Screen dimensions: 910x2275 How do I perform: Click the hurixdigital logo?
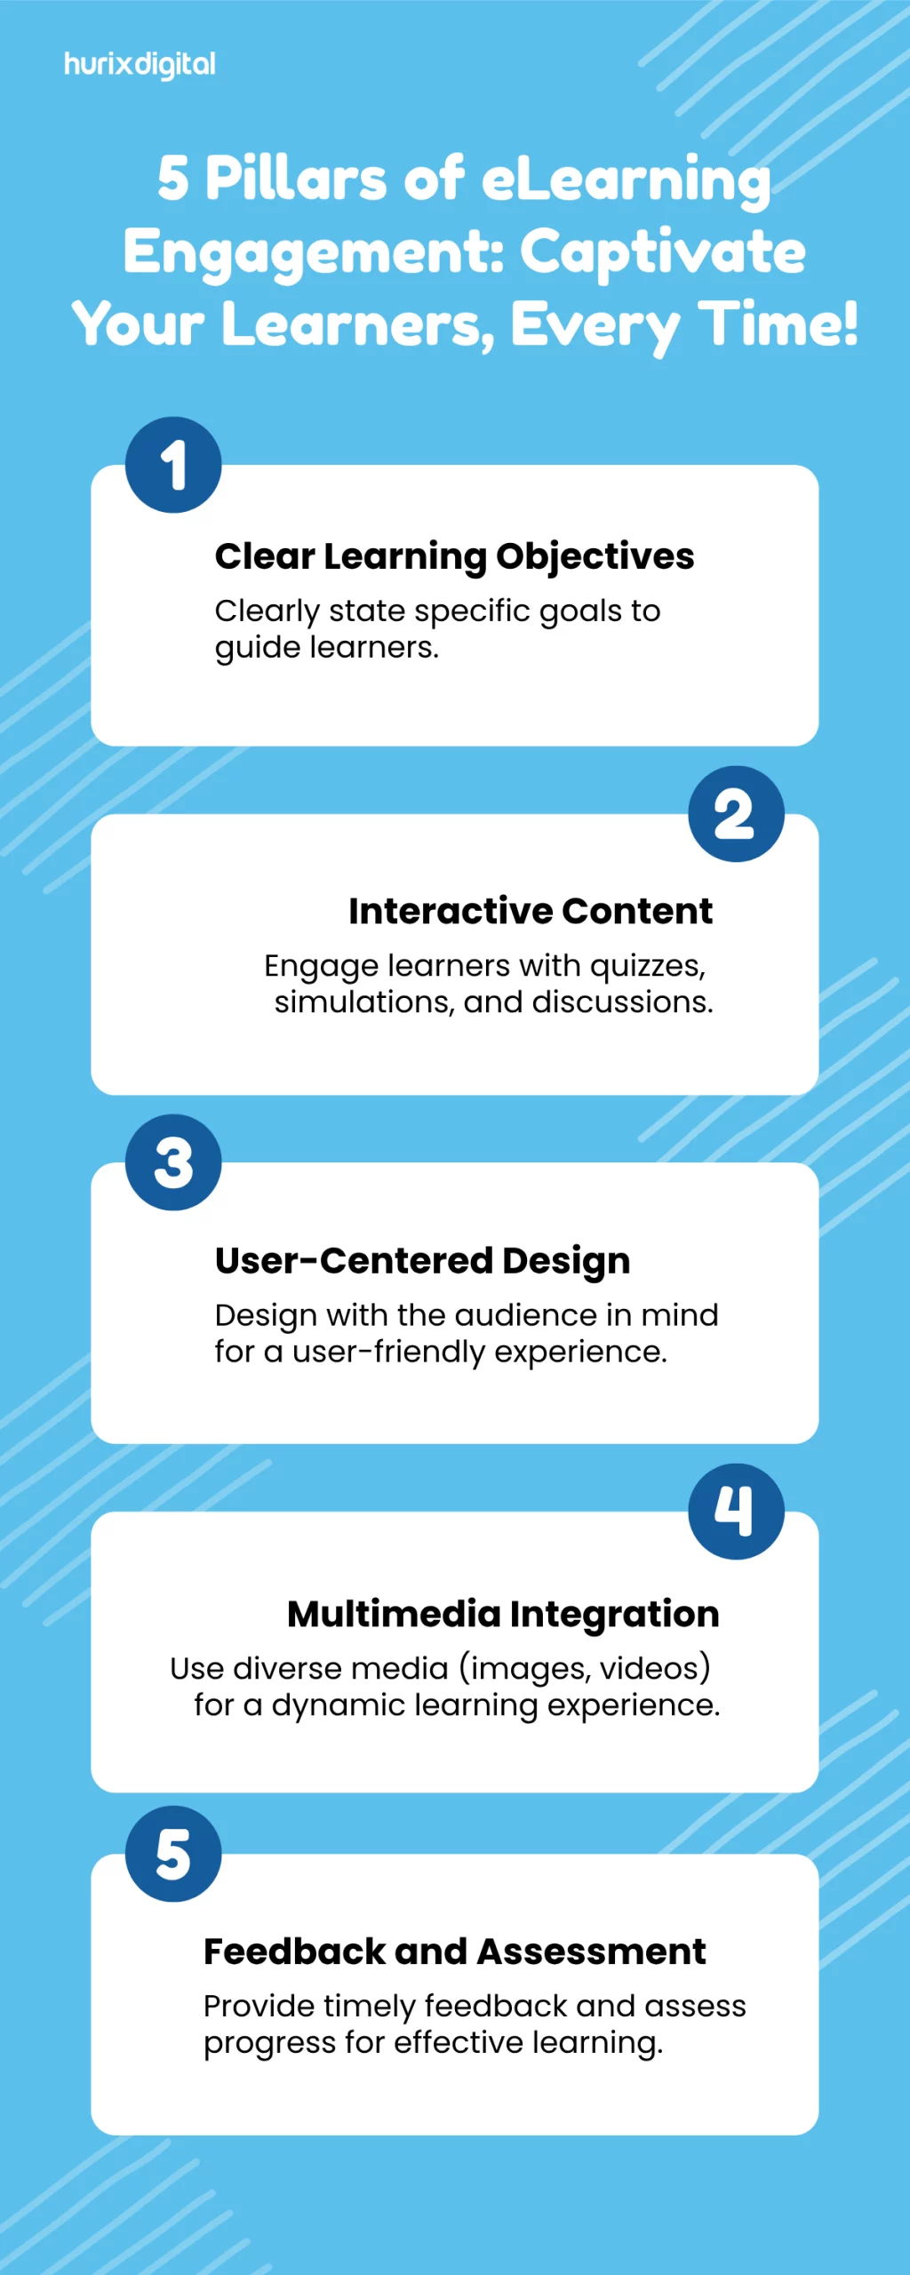140,65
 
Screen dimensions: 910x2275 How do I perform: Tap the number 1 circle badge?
173,465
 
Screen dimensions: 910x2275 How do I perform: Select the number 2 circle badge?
736,814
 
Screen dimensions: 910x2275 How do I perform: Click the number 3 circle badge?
173,1162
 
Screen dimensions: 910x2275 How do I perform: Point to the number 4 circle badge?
736,1512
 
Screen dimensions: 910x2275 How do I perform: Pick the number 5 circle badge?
173,1854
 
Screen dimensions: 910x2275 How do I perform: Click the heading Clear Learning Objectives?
454,557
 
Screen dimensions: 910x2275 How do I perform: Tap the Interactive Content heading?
531,911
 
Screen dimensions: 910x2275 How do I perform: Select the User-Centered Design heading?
423,1261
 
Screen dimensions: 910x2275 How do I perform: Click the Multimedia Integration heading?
503,1615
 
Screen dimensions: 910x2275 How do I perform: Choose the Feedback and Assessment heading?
455,1952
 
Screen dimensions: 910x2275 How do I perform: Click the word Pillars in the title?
296,178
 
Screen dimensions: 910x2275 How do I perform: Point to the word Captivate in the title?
663,251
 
